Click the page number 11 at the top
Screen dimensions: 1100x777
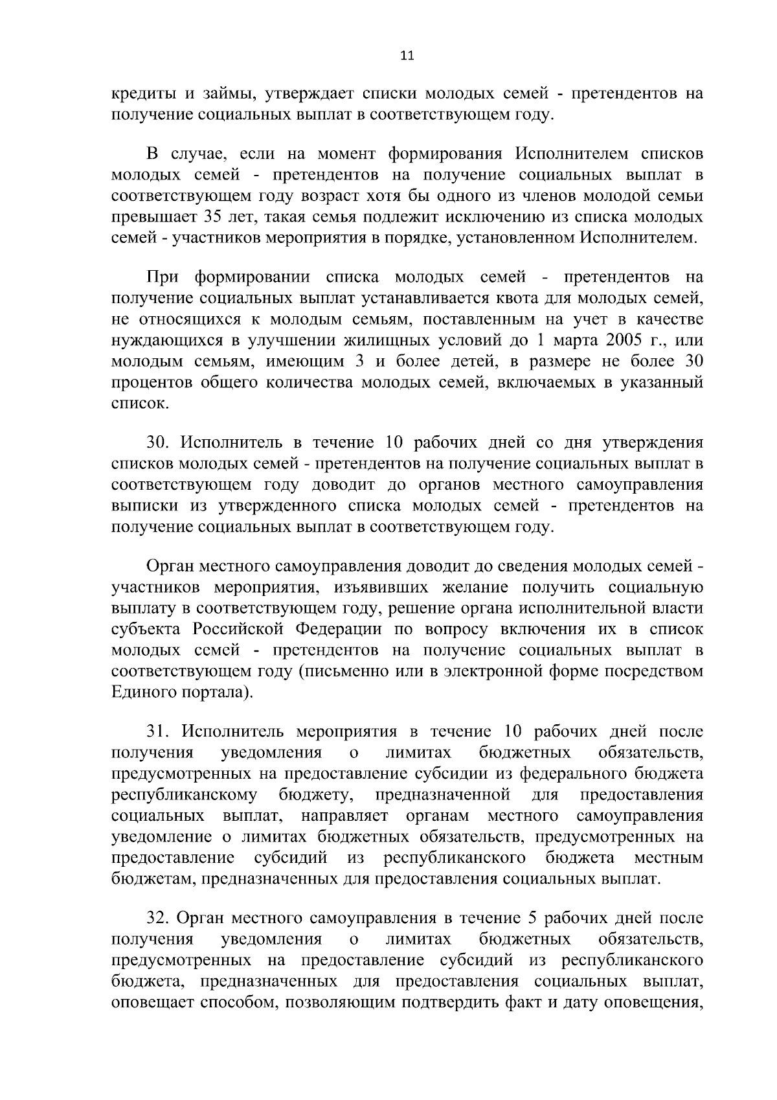click(x=407, y=56)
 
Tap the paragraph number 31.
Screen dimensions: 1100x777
click(x=158, y=732)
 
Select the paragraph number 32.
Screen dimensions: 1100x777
click(x=158, y=919)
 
